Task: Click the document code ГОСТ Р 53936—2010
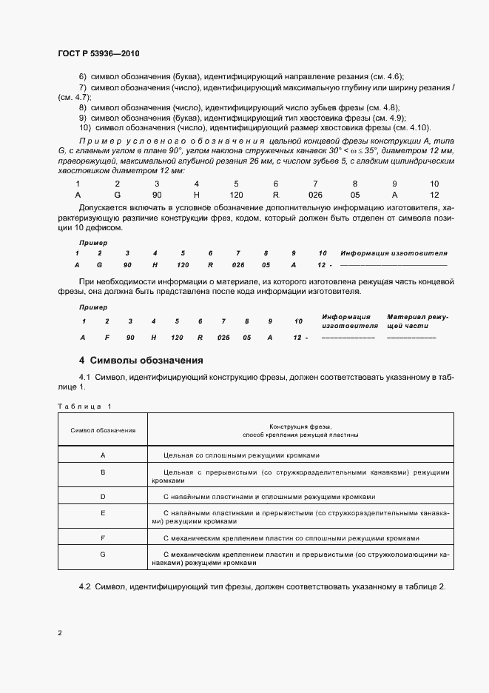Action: pos(98,54)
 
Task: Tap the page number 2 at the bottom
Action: pos(60,633)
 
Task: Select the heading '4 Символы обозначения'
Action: pos(141,361)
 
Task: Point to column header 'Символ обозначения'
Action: pos(103,430)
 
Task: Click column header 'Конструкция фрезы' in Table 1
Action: pos(300,430)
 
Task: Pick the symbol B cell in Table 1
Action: pos(103,472)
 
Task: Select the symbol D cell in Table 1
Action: pos(103,497)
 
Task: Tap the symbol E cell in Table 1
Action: pos(103,512)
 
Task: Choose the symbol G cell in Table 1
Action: pos(103,554)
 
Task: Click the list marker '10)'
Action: pos(84,127)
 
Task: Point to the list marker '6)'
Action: pos(83,77)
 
